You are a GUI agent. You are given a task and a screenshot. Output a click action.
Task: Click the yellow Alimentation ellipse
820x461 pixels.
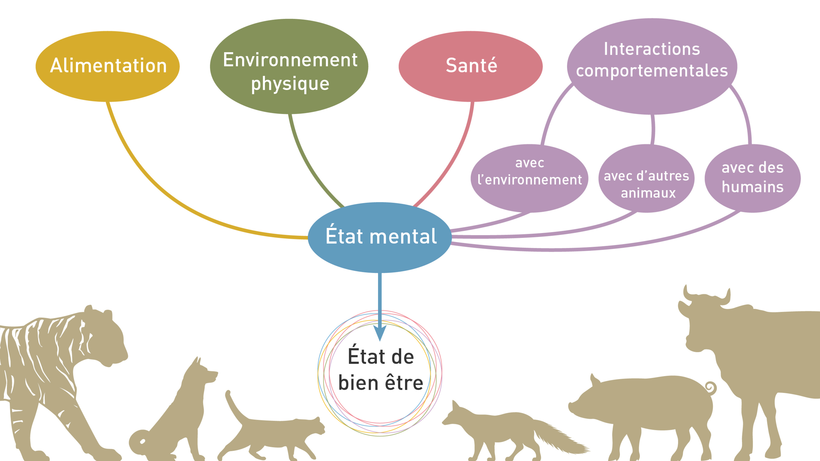tap(108, 66)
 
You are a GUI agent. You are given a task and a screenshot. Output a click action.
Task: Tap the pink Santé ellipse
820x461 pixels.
tap(470, 66)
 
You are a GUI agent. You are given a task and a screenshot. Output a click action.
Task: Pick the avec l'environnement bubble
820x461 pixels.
tap(529, 178)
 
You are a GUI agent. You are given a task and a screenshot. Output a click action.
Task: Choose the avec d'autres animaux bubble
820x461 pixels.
tap(646, 178)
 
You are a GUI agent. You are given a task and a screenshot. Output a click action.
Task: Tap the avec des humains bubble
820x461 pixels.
tap(752, 178)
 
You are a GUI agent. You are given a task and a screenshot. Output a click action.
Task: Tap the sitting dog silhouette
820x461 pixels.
tap(188, 410)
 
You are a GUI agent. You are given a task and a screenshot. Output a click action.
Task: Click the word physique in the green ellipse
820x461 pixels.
tap(290, 83)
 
